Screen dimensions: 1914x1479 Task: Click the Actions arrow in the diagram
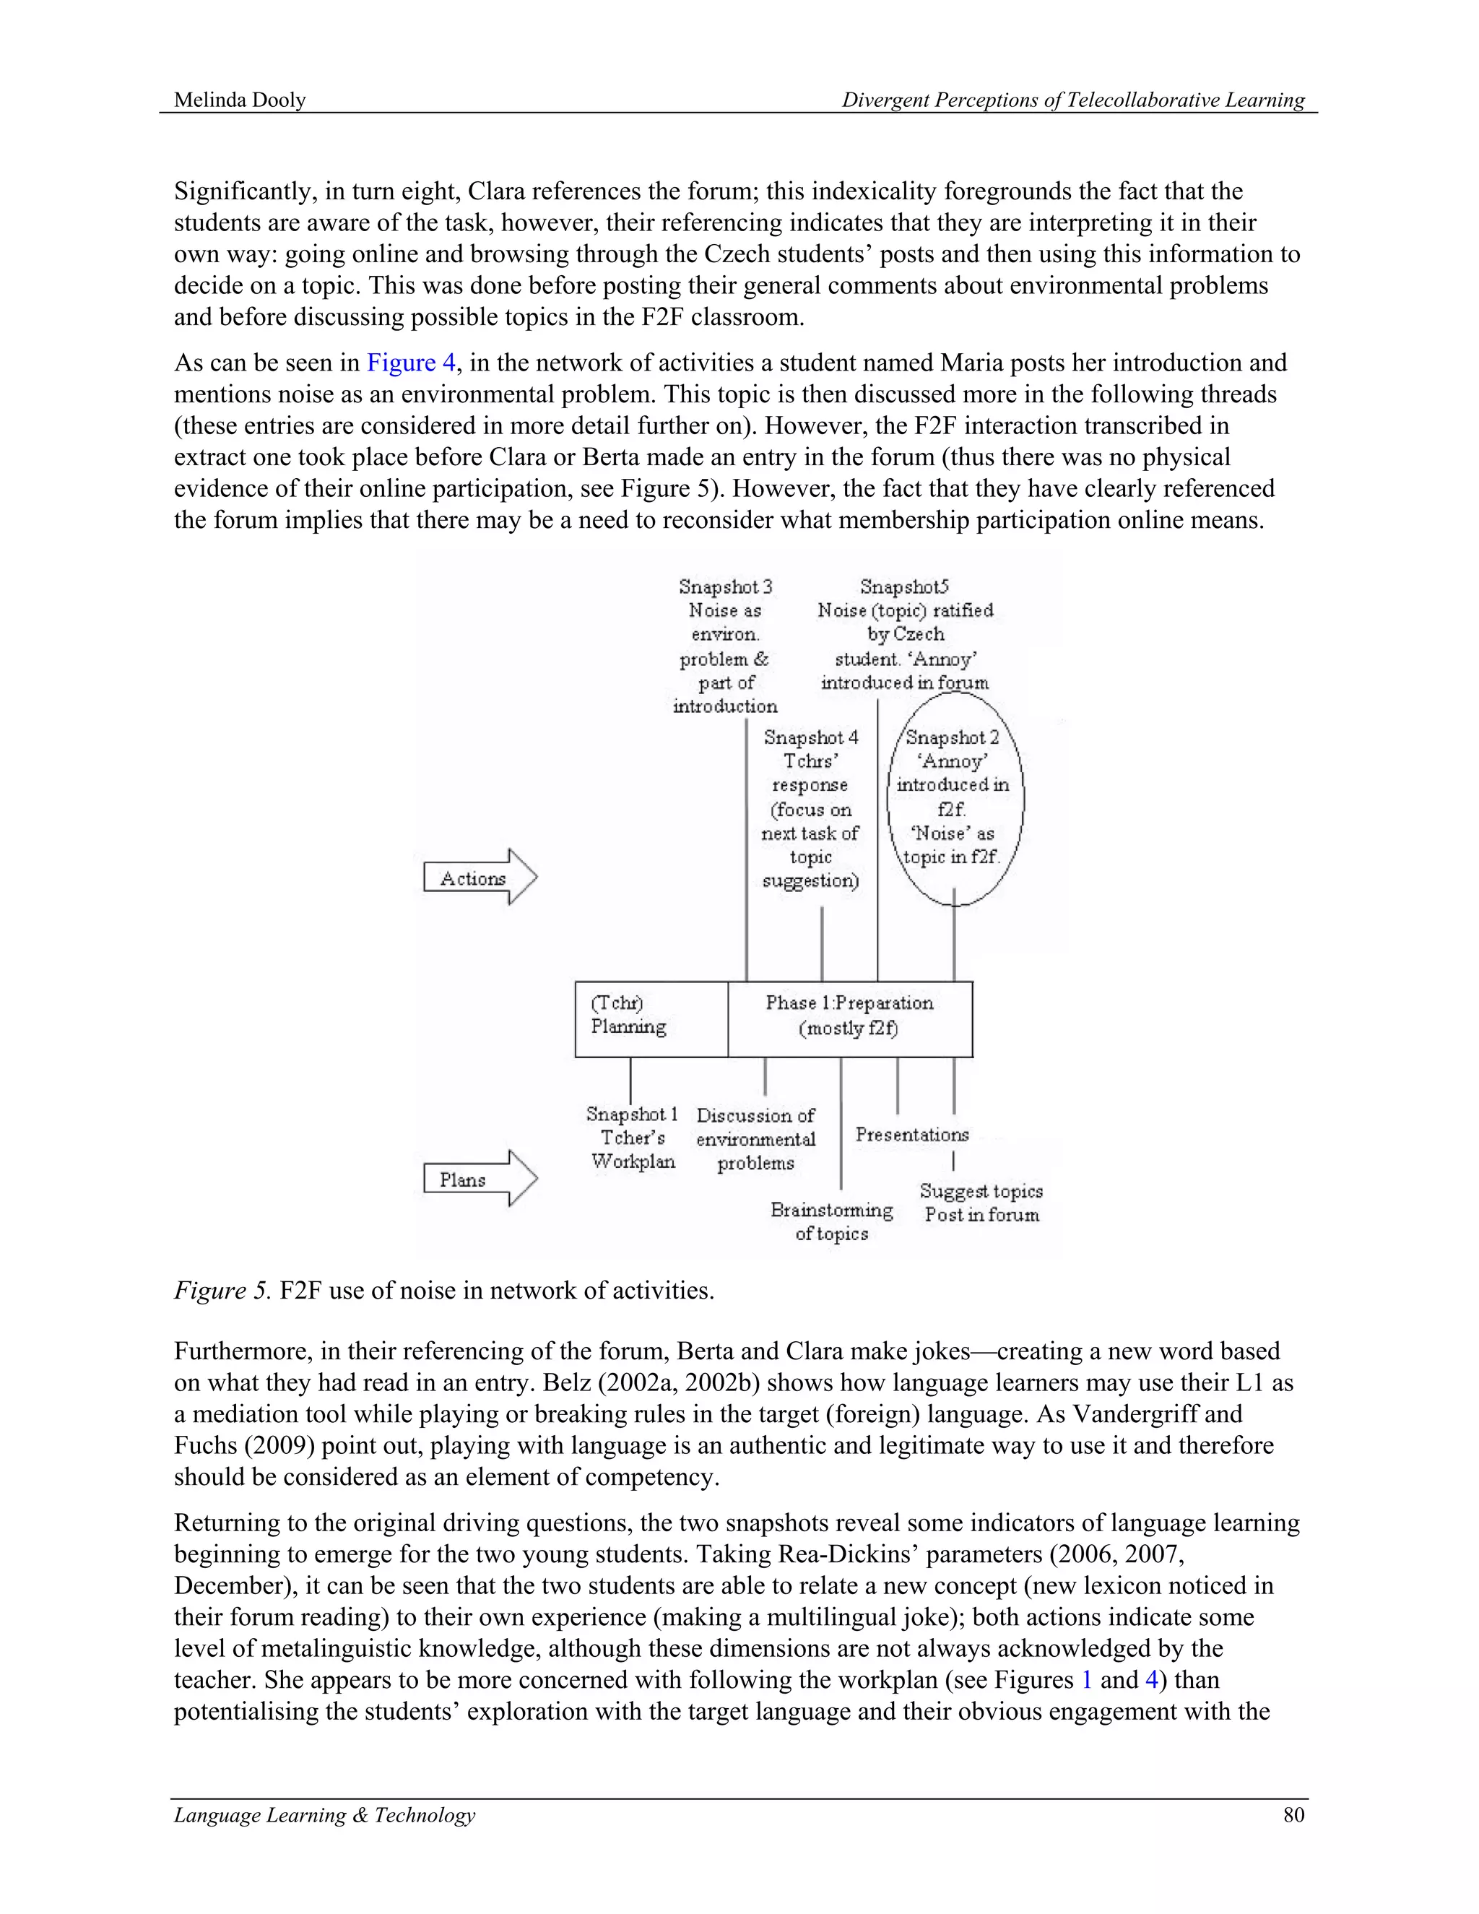(x=480, y=878)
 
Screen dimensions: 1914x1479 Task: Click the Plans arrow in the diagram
(x=480, y=1179)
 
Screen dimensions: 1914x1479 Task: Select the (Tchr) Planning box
(x=650, y=1018)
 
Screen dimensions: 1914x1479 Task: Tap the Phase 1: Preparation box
(x=849, y=1018)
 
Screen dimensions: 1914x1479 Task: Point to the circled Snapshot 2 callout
(x=954, y=797)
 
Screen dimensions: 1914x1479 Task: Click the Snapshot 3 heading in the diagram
(x=726, y=586)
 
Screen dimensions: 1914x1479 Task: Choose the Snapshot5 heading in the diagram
(x=904, y=586)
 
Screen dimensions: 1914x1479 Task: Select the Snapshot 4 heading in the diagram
(x=810, y=738)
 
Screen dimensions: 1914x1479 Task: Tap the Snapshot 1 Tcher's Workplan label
(x=633, y=1138)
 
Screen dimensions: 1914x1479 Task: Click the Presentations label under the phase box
(x=912, y=1134)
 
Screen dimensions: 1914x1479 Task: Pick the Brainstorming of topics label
(x=831, y=1221)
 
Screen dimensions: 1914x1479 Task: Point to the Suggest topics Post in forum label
(x=981, y=1203)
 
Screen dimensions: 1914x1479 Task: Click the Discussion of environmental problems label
(x=755, y=1139)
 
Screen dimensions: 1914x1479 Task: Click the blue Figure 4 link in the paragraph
(x=411, y=363)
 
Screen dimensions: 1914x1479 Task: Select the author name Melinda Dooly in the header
(x=240, y=100)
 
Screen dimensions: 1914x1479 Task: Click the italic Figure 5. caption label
(x=223, y=1290)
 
